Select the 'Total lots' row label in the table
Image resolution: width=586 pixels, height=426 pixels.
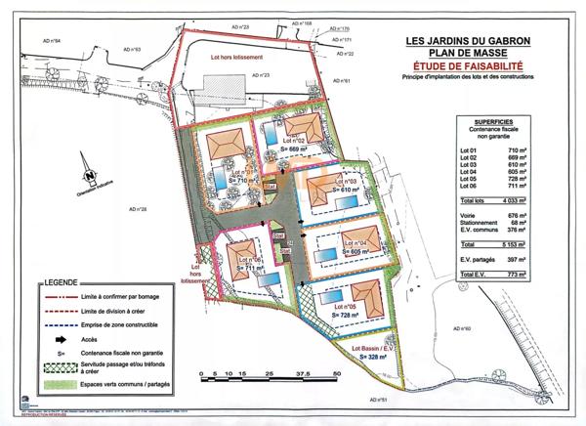point(475,199)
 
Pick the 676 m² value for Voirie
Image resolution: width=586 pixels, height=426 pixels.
point(518,214)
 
